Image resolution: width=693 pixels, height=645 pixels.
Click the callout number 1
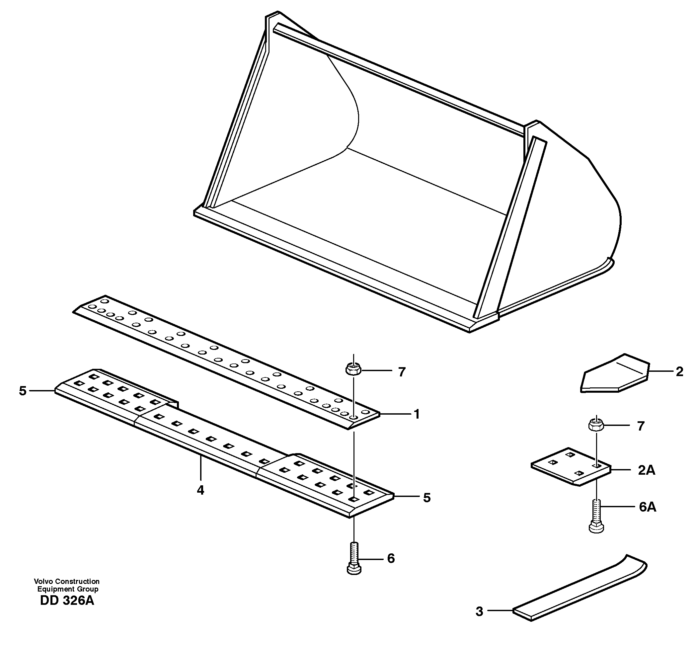416,414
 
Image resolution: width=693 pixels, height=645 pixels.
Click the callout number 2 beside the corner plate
679,372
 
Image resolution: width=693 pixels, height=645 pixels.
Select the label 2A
647,470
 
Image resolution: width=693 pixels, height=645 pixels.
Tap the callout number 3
479,611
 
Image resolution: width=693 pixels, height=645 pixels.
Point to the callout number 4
200,490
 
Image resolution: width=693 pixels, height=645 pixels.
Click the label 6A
647,507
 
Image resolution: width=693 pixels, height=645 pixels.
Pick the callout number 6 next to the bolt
391,559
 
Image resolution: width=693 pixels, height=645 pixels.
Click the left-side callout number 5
23,391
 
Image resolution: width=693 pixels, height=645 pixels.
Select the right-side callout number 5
427,498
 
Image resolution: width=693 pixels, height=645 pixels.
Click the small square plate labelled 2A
571,467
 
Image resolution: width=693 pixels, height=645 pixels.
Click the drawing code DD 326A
67,601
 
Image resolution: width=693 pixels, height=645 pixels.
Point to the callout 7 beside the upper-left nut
402,372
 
